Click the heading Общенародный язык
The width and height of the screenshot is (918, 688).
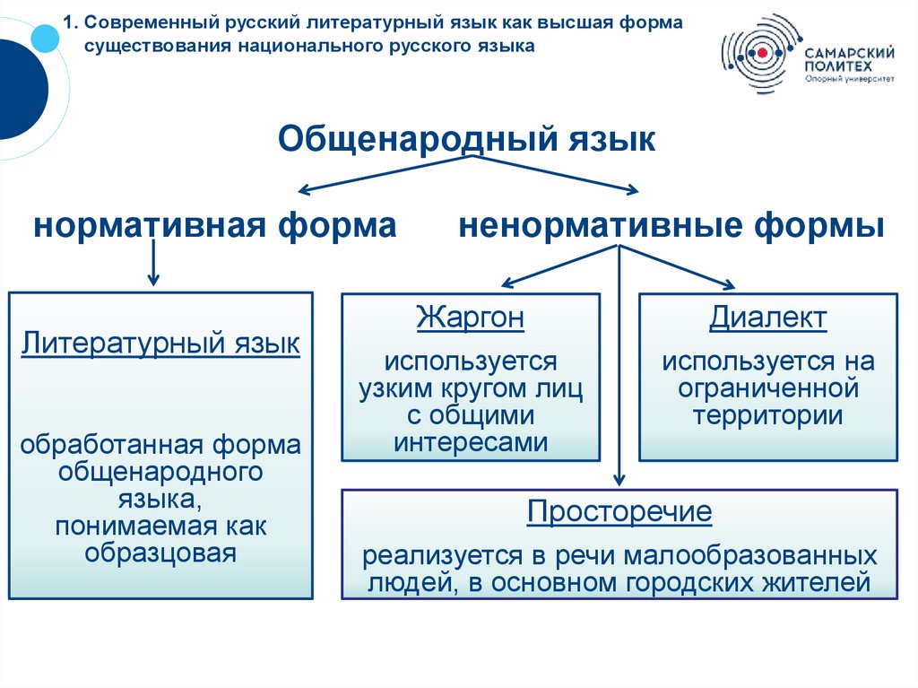466,139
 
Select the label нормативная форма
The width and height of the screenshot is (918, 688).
215,225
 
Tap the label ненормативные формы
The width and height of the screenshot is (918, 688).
671,225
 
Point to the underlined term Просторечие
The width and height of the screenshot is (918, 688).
619,512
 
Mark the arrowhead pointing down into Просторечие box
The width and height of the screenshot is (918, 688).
619,480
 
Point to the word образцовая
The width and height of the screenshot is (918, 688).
160,553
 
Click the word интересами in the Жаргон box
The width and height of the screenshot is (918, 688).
471,441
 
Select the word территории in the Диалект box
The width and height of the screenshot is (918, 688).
767,415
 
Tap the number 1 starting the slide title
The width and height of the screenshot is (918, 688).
71,21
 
